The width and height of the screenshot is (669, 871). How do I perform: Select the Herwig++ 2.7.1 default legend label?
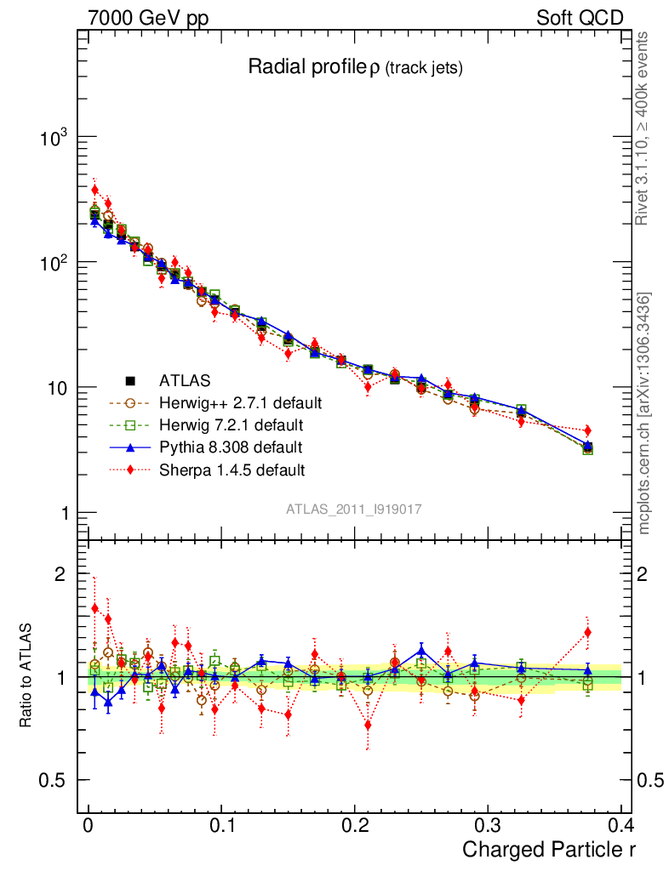[x=241, y=402]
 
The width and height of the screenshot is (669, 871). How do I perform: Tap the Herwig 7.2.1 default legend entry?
[x=232, y=424]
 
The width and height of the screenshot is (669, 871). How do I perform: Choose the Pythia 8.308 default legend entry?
[x=232, y=447]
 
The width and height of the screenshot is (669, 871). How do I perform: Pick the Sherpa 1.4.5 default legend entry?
[x=232, y=469]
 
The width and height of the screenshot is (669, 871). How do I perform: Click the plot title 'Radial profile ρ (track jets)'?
[x=355, y=68]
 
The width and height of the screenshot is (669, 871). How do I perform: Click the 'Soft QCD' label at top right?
[x=580, y=18]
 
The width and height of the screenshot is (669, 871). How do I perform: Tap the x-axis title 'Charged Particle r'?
[x=549, y=849]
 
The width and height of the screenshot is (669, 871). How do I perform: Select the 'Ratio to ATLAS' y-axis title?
[x=26, y=676]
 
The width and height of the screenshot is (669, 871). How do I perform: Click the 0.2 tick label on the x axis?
[x=354, y=825]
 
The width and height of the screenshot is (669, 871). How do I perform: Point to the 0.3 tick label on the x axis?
[x=487, y=825]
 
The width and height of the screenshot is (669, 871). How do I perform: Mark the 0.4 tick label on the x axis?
[x=620, y=825]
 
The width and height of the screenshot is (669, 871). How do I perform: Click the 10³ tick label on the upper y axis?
[x=53, y=138]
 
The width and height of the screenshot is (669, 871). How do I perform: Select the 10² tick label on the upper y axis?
[x=53, y=263]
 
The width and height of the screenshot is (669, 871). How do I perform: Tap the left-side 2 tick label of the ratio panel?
[x=60, y=574]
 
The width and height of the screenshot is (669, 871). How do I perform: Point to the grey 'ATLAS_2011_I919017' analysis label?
[x=355, y=509]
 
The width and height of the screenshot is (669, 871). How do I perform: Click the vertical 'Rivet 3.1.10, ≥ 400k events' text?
[x=643, y=128]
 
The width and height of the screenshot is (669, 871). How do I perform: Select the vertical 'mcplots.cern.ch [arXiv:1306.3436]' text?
[x=644, y=413]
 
